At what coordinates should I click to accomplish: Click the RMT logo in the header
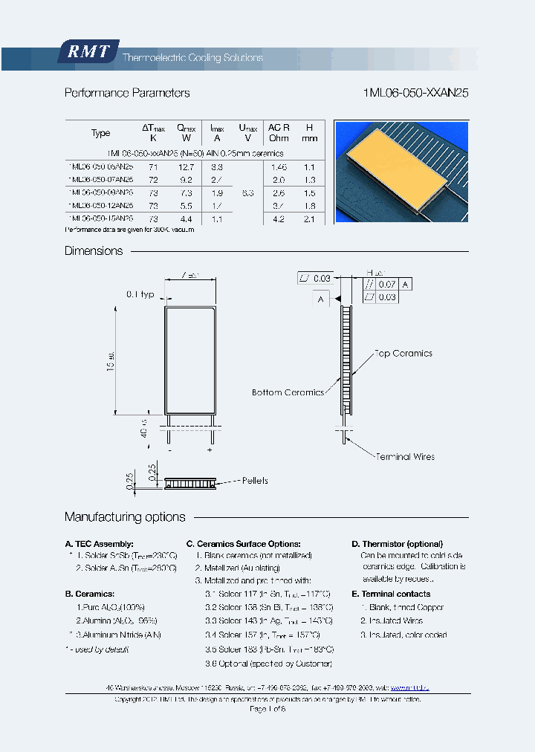click(x=88, y=52)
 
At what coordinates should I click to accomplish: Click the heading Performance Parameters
click(x=127, y=93)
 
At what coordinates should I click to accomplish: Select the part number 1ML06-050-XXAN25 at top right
click(x=416, y=93)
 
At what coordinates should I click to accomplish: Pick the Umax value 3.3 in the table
click(x=248, y=192)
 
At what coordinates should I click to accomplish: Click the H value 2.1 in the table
click(x=310, y=218)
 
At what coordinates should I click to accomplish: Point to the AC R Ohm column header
click(x=279, y=132)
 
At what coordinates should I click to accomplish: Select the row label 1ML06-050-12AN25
click(x=100, y=205)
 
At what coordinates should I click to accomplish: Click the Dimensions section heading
click(x=94, y=250)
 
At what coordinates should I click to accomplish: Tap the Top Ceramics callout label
click(x=403, y=354)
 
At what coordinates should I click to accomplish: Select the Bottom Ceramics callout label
click(x=288, y=392)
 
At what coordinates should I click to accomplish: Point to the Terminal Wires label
click(x=405, y=456)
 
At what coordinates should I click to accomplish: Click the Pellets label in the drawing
click(x=255, y=481)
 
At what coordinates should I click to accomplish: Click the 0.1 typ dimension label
click(x=140, y=294)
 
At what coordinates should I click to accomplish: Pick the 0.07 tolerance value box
click(x=387, y=284)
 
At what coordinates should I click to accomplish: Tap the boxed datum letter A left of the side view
click(x=321, y=299)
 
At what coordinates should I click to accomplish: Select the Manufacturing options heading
click(x=125, y=516)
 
